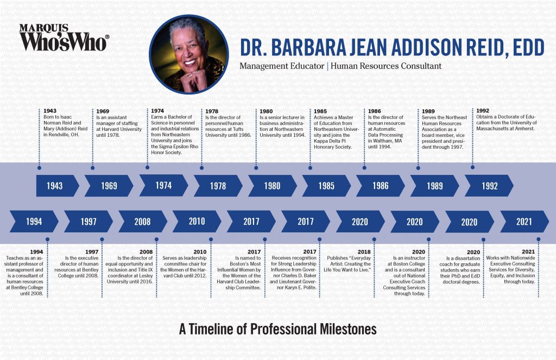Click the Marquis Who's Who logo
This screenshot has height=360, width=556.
click(64, 37)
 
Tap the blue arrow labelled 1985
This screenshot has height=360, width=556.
click(326, 186)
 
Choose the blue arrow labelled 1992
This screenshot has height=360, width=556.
click(489, 186)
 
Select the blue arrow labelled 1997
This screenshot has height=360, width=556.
click(89, 222)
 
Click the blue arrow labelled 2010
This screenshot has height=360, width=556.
click(197, 222)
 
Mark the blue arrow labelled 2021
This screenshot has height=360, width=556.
click(525, 222)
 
